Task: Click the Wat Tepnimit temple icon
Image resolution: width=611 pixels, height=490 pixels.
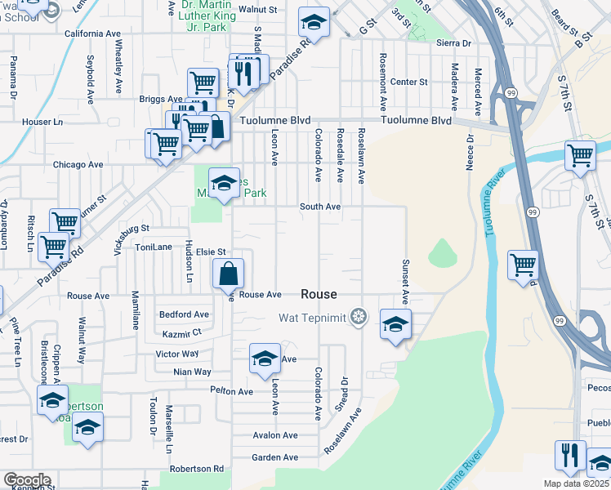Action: (x=358, y=316)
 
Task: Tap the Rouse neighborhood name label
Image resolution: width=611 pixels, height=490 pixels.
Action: (x=319, y=294)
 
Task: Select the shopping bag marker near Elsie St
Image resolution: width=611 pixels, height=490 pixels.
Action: (x=230, y=275)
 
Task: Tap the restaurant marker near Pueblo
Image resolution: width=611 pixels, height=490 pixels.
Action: (x=569, y=455)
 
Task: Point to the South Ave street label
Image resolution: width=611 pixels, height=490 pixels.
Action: (x=319, y=207)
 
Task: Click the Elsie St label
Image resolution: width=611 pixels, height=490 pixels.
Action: (x=210, y=252)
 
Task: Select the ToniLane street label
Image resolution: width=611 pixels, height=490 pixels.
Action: (x=154, y=247)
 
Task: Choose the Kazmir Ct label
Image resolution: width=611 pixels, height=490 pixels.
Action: (x=181, y=333)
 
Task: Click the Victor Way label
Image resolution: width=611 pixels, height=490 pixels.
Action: (x=177, y=354)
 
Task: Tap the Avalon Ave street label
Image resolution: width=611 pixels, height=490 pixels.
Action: (x=274, y=435)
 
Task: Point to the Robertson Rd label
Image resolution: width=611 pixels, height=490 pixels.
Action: (x=196, y=469)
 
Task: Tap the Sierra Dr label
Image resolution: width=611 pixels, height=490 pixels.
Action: (x=454, y=42)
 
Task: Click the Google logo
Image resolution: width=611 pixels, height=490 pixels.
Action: (x=26, y=480)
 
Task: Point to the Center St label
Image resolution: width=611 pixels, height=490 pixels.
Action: (x=409, y=82)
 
